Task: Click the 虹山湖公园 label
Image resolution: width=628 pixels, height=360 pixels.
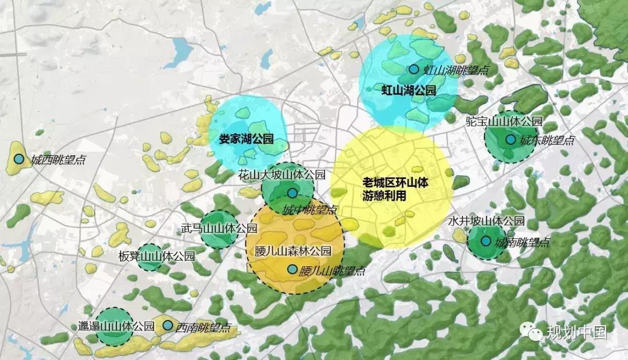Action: click(x=408, y=90)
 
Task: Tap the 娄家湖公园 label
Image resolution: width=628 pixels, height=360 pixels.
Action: click(x=245, y=139)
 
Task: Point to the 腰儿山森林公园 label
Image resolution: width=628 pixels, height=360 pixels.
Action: click(x=293, y=252)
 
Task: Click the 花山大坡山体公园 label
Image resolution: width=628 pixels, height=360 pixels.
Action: click(x=282, y=174)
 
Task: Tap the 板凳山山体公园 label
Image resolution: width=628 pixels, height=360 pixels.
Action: click(x=148, y=256)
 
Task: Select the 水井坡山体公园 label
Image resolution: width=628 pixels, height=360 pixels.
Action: click(x=487, y=221)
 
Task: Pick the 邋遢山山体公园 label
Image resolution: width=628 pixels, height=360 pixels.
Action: click(x=116, y=326)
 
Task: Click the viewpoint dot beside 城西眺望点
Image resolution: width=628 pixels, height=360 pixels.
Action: click(x=19, y=159)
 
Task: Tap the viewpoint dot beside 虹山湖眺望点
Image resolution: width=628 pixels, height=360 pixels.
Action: click(x=413, y=69)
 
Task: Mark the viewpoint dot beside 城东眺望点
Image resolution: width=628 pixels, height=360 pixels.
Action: click(x=510, y=140)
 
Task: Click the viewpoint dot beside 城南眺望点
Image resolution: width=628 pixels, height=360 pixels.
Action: click(x=485, y=241)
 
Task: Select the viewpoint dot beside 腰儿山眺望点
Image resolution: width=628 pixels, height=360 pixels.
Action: click(x=292, y=269)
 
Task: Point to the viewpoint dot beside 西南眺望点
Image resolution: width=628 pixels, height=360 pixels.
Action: click(x=167, y=326)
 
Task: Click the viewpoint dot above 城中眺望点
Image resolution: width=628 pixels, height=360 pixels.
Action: click(x=292, y=193)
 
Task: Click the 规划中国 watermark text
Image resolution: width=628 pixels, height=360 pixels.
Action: click(x=576, y=332)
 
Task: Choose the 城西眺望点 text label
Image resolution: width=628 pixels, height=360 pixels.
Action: click(x=58, y=159)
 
